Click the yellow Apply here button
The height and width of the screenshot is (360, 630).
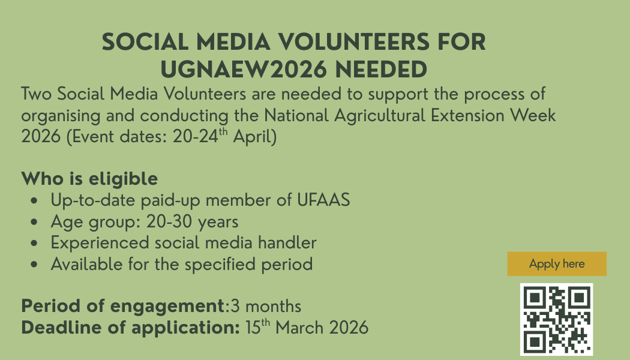click(x=557, y=264)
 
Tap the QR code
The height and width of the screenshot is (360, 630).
click(x=556, y=319)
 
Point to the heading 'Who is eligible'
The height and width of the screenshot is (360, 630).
click(x=89, y=179)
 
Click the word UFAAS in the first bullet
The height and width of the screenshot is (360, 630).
click(x=323, y=200)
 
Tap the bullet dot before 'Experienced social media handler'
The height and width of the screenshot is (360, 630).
click(x=37, y=244)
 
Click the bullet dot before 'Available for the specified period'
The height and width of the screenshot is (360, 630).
click(x=37, y=265)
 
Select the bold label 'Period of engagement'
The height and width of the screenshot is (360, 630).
click(x=123, y=306)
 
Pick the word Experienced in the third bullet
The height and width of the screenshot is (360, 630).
click(x=100, y=243)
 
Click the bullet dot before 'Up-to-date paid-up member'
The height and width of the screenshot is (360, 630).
click(x=37, y=200)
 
